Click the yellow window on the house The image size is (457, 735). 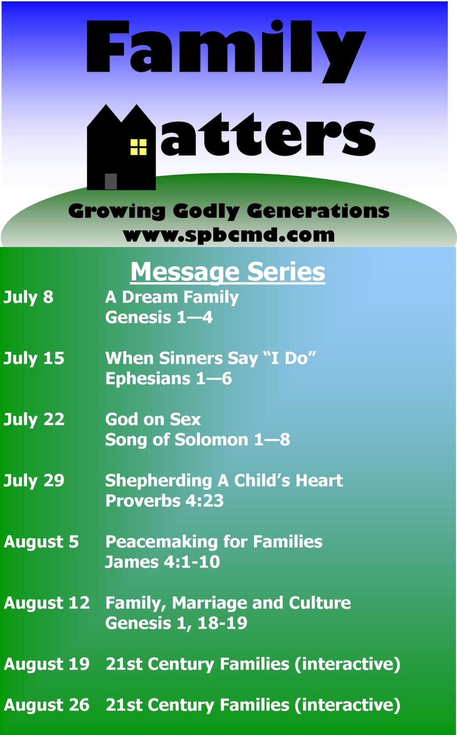click(x=138, y=147)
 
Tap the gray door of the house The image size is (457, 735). click(x=111, y=182)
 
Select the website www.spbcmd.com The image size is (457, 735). click(x=229, y=236)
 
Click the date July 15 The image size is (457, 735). click(x=34, y=359)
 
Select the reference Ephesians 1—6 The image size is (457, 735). click(x=169, y=379)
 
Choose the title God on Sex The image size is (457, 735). click(x=153, y=419)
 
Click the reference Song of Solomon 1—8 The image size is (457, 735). click(x=198, y=440)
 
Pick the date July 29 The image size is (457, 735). click(x=34, y=481)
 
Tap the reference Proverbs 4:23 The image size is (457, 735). click(x=165, y=501)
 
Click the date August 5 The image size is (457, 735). click(x=41, y=542)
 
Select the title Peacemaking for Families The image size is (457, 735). click(x=214, y=542)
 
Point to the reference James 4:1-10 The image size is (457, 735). click(x=162, y=562)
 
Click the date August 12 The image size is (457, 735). click(x=47, y=603)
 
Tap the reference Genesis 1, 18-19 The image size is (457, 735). click(x=176, y=623)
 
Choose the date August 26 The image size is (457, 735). click(x=47, y=705)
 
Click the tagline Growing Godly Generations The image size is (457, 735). click(x=229, y=211)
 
